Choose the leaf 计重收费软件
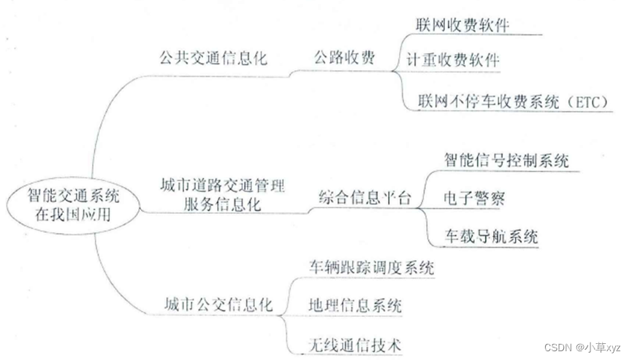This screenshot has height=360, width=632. (x=453, y=60)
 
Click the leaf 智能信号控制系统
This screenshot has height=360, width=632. (x=506, y=160)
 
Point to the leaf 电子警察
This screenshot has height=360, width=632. (x=473, y=198)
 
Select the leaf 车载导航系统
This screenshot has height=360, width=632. (x=491, y=236)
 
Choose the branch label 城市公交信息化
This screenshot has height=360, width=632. (x=218, y=305)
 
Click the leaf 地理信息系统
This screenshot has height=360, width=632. (x=355, y=305)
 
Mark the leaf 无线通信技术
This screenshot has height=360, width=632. (x=355, y=342)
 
